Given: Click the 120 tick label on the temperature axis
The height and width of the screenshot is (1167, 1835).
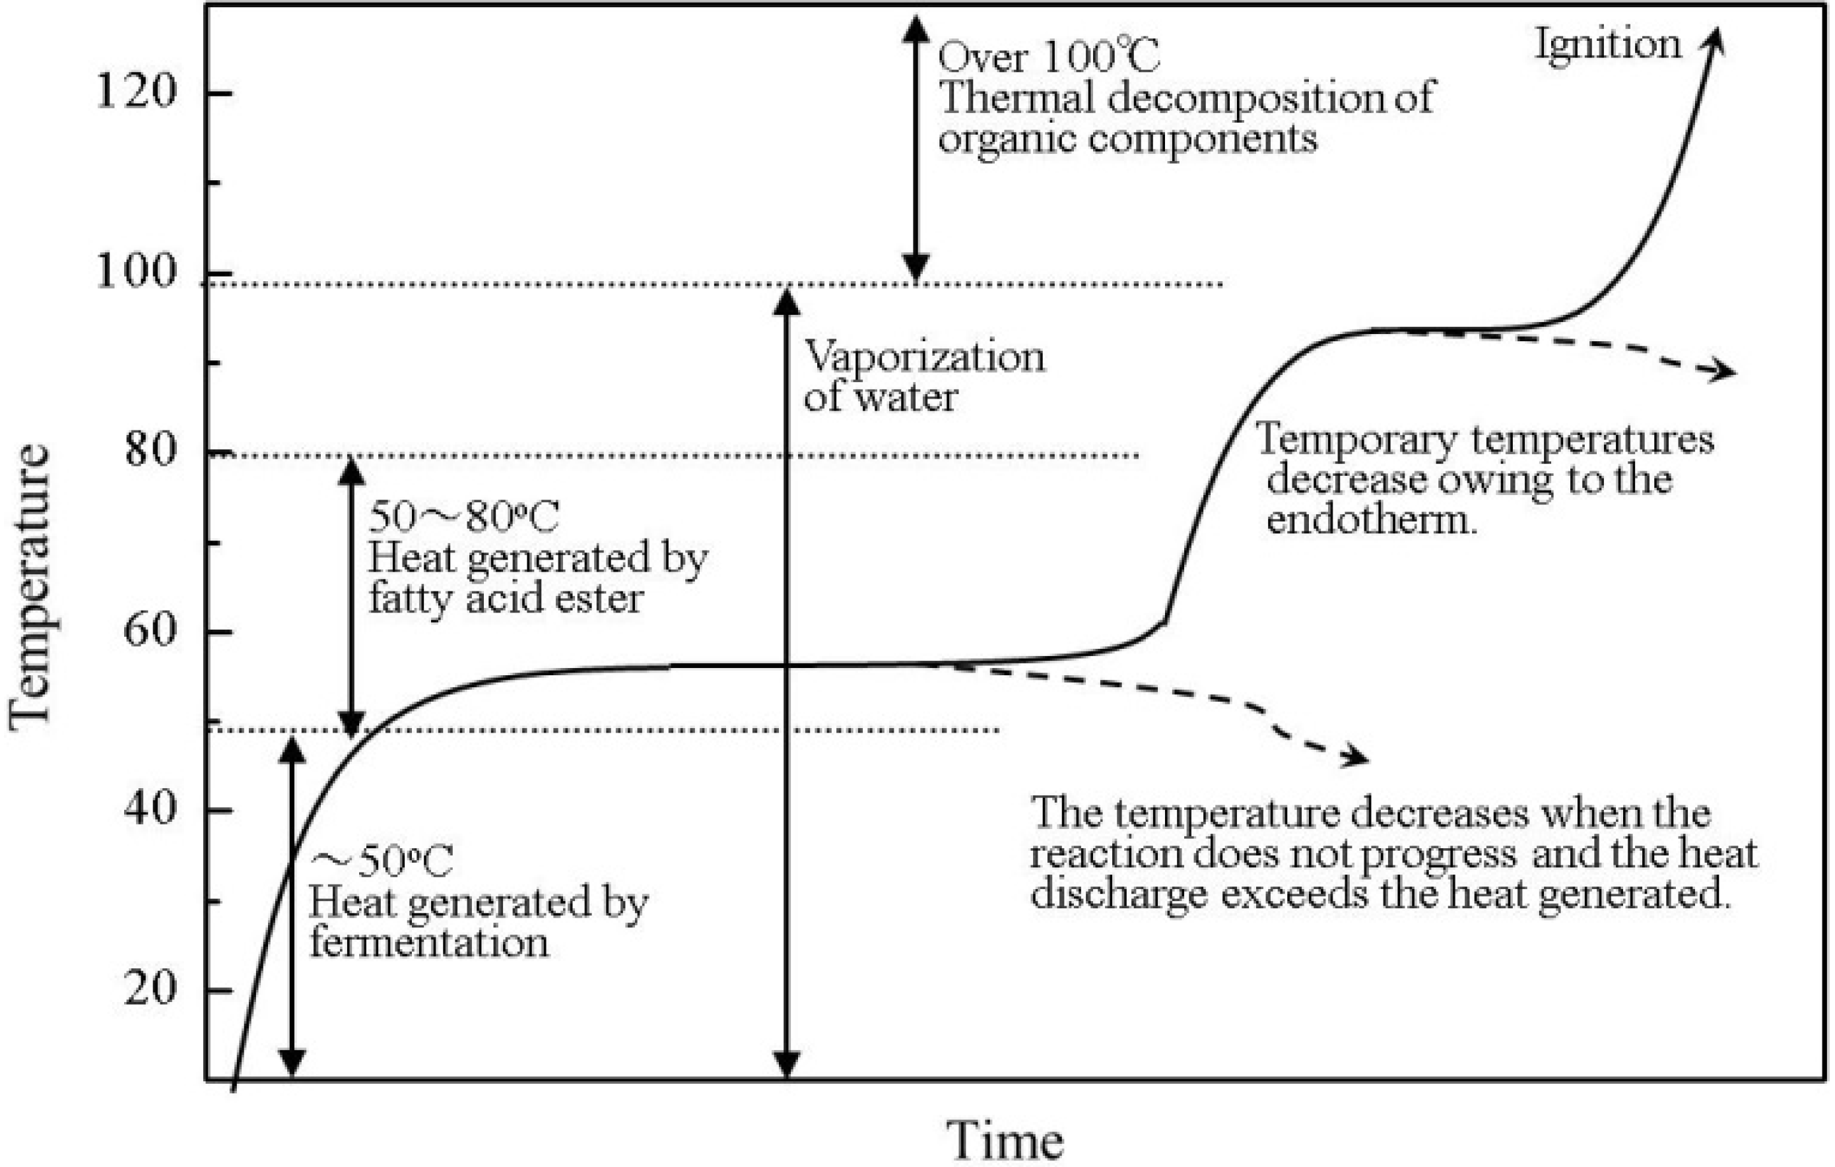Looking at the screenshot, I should coord(135,92).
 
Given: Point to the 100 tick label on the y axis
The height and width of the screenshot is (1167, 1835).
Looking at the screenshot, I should coord(135,271).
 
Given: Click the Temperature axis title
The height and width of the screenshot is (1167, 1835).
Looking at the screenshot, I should coord(30,587).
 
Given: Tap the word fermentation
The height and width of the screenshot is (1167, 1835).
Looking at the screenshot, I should coord(428,943).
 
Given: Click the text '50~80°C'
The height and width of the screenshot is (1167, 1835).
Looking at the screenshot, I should coord(463,517).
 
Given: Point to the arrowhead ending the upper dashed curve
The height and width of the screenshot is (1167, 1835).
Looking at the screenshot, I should coord(1723,371).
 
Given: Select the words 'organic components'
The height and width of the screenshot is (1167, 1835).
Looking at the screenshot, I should coord(1128,139).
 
